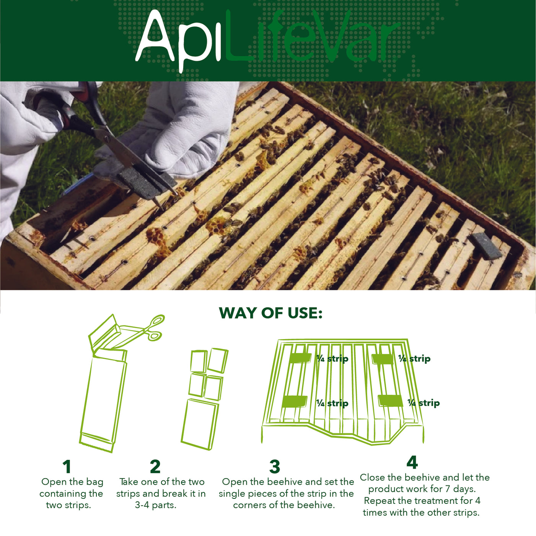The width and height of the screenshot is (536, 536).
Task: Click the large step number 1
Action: tap(67, 467)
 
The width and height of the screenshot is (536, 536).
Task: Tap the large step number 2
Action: tap(155, 467)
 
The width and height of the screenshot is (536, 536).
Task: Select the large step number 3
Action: tap(275, 467)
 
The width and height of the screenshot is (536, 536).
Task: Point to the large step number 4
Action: tap(412, 462)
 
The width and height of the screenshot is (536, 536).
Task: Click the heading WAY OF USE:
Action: tap(270, 313)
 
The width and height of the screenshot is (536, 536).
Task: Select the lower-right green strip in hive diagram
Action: tap(390, 401)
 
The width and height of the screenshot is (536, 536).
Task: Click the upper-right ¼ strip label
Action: tap(414, 359)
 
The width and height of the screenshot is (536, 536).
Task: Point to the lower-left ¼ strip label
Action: tap(332, 403)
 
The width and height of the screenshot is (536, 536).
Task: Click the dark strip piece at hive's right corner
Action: tap(485, 247)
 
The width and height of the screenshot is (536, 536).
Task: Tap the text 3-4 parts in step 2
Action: tap(155, 505)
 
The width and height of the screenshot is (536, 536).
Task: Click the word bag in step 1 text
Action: tap(94, 482)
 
